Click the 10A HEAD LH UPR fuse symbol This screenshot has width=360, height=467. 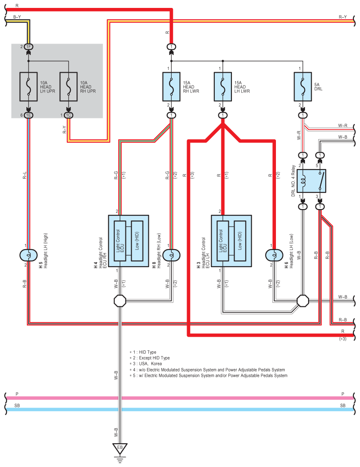29,87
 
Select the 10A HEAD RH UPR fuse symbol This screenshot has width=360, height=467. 69,87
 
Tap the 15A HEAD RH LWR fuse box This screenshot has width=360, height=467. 171,87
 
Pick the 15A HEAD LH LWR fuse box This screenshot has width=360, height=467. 223,87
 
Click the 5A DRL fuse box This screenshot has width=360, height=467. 303,87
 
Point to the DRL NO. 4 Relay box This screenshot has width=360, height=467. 311,181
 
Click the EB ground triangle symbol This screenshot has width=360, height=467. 120,449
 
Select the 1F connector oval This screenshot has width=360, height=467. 29,47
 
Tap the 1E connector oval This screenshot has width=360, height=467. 29,115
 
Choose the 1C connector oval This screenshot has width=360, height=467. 69,115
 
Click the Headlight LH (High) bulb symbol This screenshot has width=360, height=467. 29,255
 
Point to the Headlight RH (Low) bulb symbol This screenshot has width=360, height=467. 171,255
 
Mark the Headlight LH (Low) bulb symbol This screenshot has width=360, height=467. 274,255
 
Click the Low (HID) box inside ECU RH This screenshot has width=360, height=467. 137,241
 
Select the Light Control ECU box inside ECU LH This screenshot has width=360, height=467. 223,241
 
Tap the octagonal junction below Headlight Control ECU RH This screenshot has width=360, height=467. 120,301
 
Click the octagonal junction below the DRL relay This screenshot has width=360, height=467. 303,301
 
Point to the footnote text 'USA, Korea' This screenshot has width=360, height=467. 151,364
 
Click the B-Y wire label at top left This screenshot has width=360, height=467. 17,17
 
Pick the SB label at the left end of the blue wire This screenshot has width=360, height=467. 17,405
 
